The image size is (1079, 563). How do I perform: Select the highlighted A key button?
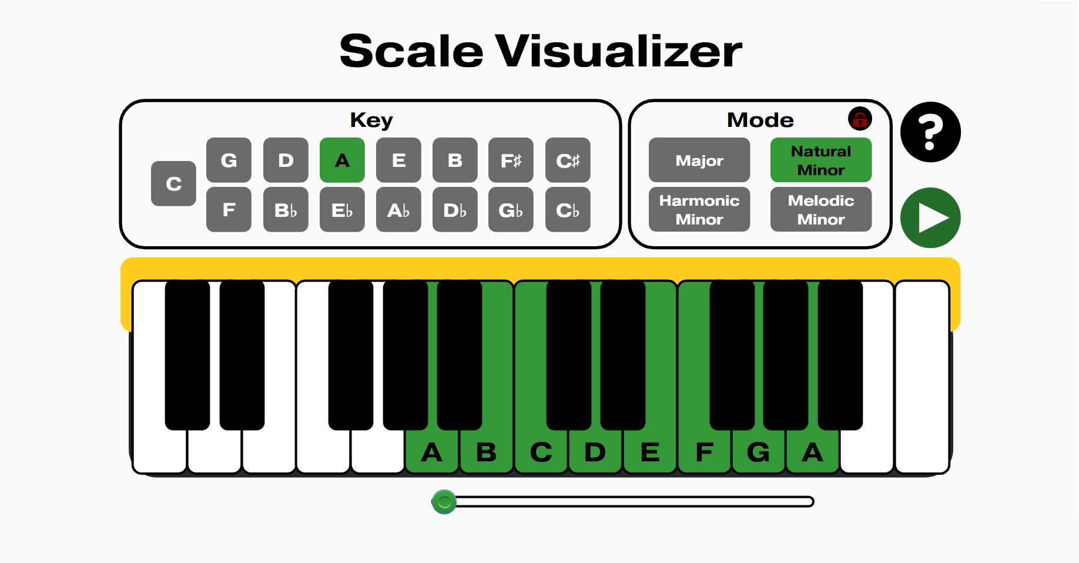(342, 160)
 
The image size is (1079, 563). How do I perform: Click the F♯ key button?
(511, 160)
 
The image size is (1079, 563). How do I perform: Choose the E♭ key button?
(342, 209)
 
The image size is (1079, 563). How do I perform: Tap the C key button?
(173, 183)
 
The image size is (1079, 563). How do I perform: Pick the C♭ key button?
(568, 209)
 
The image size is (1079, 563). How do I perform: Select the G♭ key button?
(511, 209)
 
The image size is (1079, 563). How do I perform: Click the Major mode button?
(699, 160)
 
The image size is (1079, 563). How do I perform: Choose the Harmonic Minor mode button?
(699, 209)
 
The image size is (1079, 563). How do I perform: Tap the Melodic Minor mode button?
(821, 209)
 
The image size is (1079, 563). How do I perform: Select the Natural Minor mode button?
(821, 160)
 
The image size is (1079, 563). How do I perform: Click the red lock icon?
(860, 119)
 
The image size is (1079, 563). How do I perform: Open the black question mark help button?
(930, 132)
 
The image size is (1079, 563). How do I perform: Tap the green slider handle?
(444, 502)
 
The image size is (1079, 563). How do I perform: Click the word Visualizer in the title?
(618, 51)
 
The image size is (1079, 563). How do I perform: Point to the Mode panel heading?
(760, 120)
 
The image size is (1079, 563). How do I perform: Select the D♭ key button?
(455, 209)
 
